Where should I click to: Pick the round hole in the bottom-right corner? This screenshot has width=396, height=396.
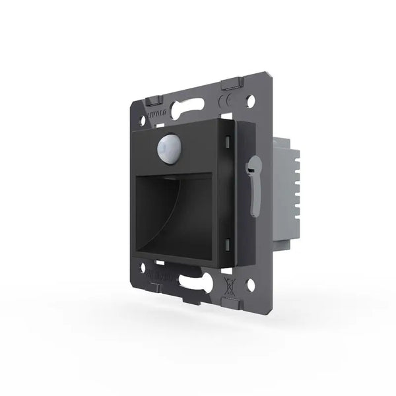coord(250,286)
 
